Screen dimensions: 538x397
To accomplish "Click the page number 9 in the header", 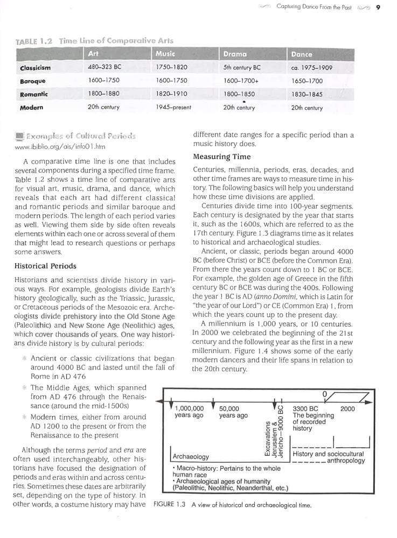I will [379, 7].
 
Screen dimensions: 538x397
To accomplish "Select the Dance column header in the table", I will [301, 54].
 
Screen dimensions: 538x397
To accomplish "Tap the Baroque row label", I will [33, 81].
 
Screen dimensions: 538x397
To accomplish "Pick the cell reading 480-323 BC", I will [103, 68].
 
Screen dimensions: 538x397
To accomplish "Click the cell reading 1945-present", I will [173, 108].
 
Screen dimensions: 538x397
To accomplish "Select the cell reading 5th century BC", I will [242, 68].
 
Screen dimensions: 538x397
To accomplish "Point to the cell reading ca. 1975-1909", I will [311, 68].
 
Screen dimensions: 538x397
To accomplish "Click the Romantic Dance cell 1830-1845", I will [307, 94].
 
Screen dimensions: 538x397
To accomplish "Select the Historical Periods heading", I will [45, 266].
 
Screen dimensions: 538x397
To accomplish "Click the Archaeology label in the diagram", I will [191, 456].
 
